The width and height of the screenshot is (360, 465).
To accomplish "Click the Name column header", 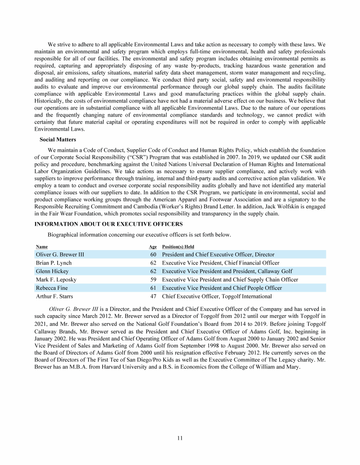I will point(42,246).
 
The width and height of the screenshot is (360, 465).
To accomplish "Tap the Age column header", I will point(153,246).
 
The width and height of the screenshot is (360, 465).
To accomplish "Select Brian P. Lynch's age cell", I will point(153,263).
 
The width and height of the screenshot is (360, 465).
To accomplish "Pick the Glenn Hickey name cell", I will point(52,271).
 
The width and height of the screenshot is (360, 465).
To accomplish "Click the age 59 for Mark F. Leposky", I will point(153,280).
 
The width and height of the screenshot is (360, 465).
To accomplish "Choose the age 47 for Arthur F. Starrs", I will point(153,296).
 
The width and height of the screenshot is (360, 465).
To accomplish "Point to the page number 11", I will point(180,438).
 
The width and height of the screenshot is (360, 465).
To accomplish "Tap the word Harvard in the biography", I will point(114,367).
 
